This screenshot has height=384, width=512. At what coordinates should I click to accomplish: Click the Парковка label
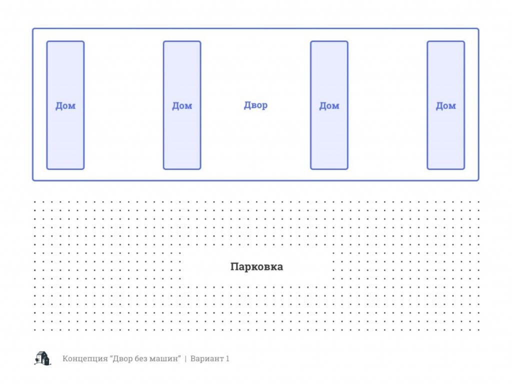(x=256, y=267)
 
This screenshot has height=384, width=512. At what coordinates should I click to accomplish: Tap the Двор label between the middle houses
(x=255, y=105)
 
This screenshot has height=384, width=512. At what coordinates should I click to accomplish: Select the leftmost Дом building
(x=65, y=105)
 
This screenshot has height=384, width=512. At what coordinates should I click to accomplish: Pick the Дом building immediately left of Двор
(x=182, y=105)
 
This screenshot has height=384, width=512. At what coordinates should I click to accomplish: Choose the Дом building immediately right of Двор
(x=329, y=105)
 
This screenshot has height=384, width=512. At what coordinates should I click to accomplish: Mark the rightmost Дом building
(x=445, y=105)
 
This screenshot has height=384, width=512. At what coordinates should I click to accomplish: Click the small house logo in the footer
(x=42, y=358)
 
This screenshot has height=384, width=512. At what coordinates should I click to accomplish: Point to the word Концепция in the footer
(x=85, y=358)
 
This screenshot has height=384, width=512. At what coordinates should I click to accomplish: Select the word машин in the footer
(x=164, y=358)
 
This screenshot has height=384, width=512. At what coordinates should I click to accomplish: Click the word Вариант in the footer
(x=206, y=358)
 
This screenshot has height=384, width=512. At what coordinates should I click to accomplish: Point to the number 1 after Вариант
(x=227, y=358)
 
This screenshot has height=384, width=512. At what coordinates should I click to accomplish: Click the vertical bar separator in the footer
(x=185, y=358)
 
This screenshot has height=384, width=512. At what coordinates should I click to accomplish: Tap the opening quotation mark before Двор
(x=111, y=356)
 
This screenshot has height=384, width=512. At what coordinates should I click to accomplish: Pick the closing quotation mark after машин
(x=179, y=356)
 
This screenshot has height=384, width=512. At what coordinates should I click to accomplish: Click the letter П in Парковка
(x=234, y=266)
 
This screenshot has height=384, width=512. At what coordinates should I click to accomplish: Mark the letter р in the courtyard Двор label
(x=264, y=106)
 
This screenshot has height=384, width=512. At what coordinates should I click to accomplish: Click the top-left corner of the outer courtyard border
(x=33, y=28)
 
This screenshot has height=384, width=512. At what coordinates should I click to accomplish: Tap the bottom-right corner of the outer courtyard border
(x=478, y=180)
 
